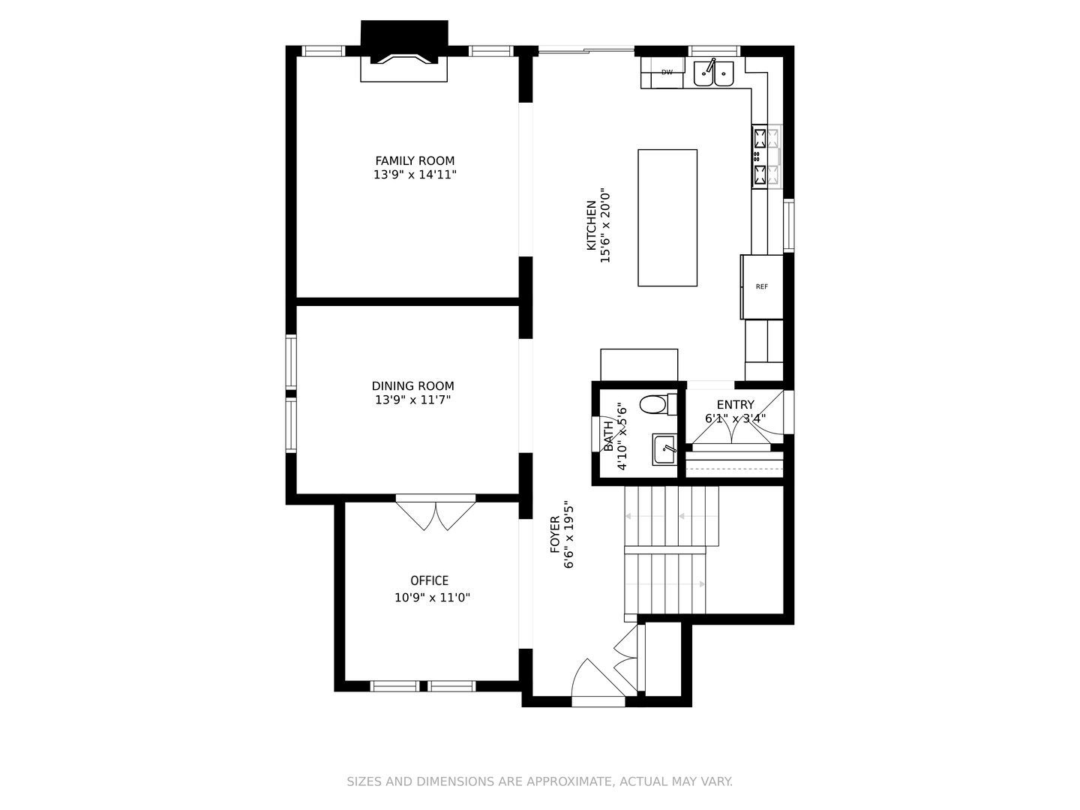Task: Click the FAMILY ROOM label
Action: (415, 160)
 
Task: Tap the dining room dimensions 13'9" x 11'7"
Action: (412, 400)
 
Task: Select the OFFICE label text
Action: (430, 580)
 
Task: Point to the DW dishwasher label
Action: (667, 72)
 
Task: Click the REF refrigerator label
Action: (762, 286)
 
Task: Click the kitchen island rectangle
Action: (667, 217)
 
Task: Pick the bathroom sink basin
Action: (664, 449)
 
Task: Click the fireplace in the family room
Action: (404, 51)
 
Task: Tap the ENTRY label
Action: (735, 405)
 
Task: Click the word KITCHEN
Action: (592, 225)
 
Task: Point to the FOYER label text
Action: (555, 535)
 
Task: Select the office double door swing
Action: (436, 512)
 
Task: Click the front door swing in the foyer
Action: (598, 679)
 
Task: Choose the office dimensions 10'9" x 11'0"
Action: (433, 598)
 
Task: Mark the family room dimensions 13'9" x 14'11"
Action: (415, 175)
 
